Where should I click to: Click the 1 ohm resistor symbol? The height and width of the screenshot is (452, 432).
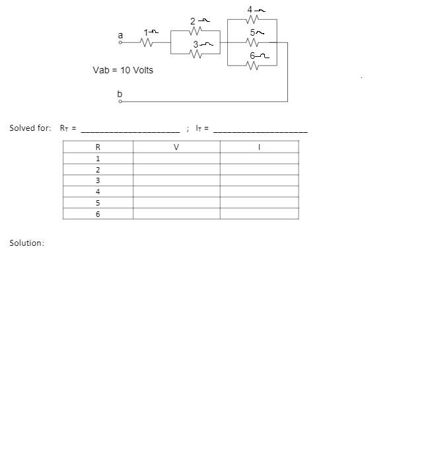pos(148,44)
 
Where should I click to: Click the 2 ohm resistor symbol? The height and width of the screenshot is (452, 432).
pos(194,31)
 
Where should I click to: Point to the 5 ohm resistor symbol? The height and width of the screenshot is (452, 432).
pos(250,43)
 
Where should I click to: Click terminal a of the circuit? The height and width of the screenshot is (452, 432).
pos(120,44)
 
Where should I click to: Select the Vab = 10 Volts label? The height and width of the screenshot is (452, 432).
pos(123,70)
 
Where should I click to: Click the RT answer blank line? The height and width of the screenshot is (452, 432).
pos(129,130)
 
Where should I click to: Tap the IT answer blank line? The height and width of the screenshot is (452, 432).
pos(260,130)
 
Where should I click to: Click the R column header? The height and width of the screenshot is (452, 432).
pos(98,147)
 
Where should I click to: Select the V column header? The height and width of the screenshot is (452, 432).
pos(176,147)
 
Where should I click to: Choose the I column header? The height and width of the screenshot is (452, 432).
pos(259,147)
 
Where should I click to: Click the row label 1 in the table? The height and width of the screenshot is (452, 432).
pos(98,159)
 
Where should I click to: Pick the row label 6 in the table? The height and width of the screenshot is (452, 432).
pos(98,214)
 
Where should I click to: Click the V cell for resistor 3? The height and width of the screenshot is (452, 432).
pos(176,180)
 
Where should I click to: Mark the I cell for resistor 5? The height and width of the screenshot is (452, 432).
pos(259,203)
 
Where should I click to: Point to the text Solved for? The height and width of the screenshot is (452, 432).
pos(30,128)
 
